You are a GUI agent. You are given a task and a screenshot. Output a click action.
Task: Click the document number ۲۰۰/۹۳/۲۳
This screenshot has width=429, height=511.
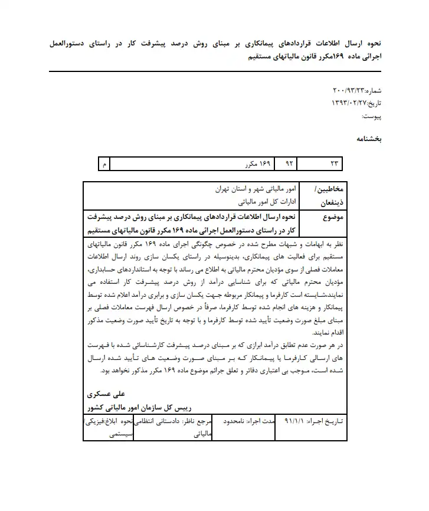[x=350, y=91]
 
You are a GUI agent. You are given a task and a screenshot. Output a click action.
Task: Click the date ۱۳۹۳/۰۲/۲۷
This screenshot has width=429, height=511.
[x=349, y=103]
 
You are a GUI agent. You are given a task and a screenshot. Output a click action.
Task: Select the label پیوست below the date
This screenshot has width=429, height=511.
[x=371, y=117]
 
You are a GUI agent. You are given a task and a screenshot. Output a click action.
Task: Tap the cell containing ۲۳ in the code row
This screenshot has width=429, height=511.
[x=336, y=163]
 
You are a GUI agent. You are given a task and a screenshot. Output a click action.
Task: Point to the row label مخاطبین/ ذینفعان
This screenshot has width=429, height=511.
[x=325, y=196]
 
